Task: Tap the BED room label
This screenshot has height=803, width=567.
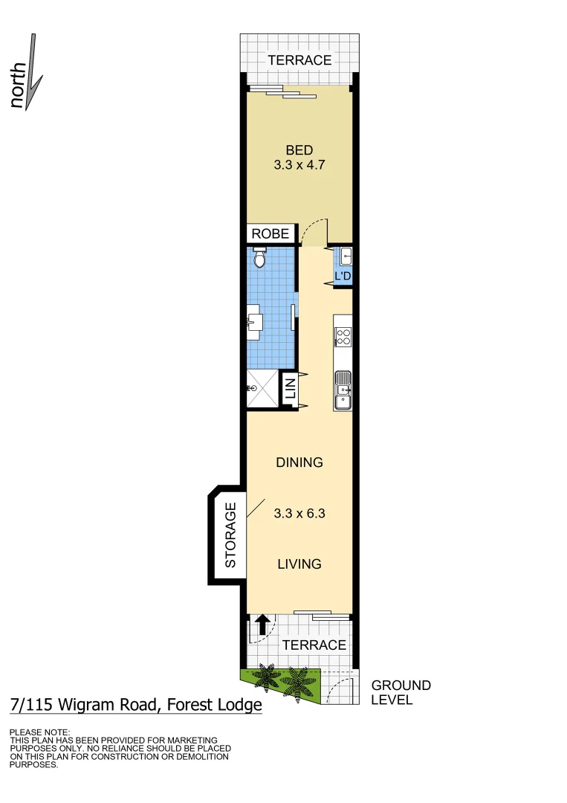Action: (299, 150)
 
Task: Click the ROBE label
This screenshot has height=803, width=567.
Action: (270, 233)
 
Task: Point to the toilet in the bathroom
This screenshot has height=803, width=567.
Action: (259, 258)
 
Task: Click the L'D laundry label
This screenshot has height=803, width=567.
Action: (343, 277)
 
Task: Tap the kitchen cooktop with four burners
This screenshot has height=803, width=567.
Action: (343, 338)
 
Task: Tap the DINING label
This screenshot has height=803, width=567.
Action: (299, 462)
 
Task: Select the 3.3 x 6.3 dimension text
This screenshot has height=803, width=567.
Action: (299, 512)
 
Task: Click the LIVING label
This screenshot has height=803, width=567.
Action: (299, 564)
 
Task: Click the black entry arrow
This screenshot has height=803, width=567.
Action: (262, 625)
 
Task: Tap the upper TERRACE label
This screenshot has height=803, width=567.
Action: (299, 60)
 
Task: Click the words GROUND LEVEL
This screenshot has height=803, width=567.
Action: (401, 692)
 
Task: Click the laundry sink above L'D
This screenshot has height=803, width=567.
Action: (346, 257)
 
